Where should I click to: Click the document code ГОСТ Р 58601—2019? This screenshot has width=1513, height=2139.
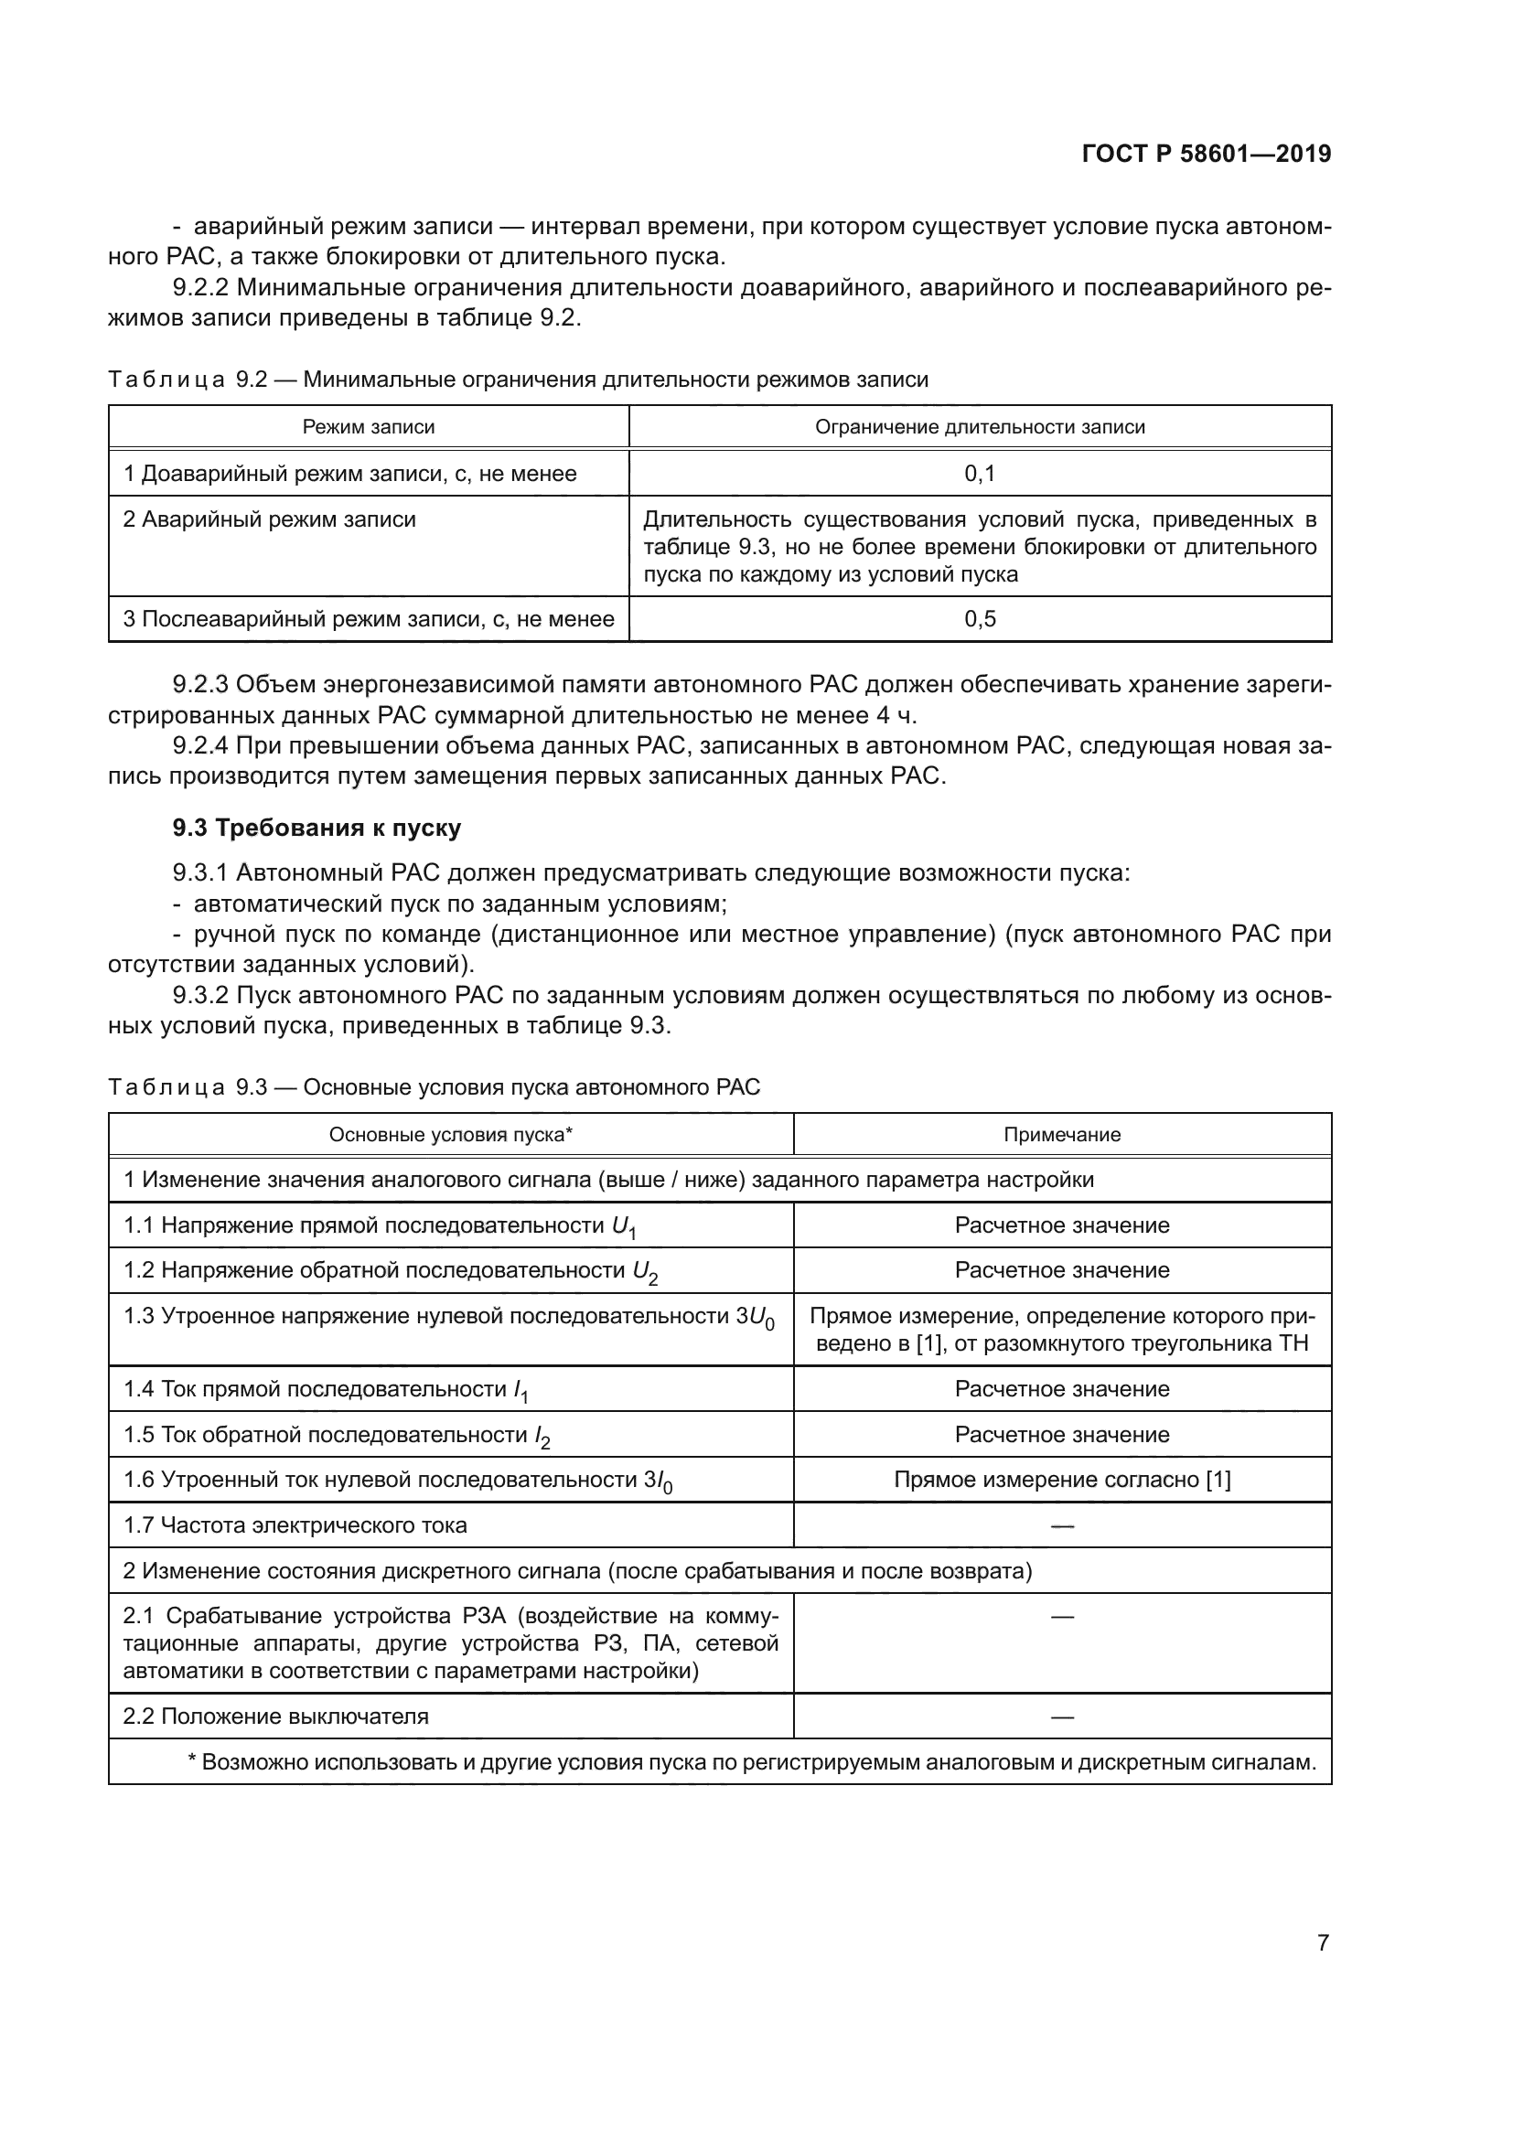[x=1207, y=154]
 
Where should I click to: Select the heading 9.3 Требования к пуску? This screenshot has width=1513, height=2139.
[x=317, y=828]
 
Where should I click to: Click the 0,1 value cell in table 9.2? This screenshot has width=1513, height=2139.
[x=980, y=474]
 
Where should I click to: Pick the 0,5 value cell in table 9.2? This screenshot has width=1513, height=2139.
[x=980, y=618]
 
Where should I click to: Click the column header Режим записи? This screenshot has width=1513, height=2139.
[x=368, y=427]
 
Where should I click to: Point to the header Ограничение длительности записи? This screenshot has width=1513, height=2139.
[x=980, y=427]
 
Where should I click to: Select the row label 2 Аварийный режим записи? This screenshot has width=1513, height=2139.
[x=269, y=519]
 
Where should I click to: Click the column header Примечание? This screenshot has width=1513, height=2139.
[x=1062, y=1134]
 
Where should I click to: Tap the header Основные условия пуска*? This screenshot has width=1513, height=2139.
[x=451, y=1134]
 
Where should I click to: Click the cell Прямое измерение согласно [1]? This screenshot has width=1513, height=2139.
[x=1062, y=1480]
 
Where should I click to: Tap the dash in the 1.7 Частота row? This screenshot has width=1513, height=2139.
[x=1062, y=1525]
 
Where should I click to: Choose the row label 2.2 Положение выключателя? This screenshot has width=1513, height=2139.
[x=275, y=1716]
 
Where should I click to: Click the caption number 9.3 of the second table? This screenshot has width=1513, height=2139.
[x=252, y=1086]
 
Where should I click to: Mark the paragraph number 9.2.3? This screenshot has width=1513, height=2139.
[x=200, y=685]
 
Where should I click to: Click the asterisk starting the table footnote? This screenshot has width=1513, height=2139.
[x=193, y=1760]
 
